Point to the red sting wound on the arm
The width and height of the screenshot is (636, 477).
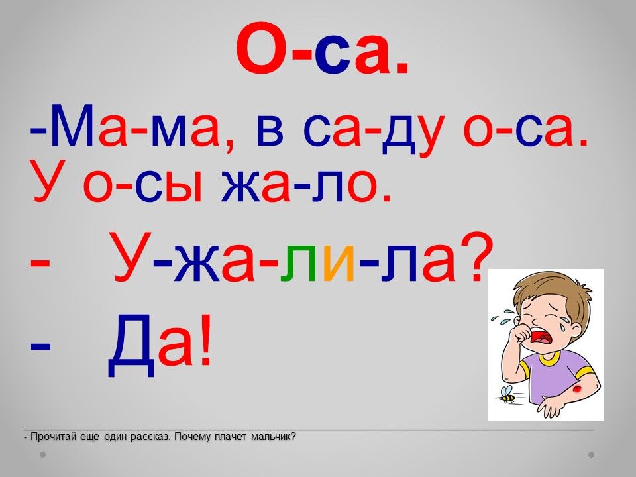click(x=576, y=390)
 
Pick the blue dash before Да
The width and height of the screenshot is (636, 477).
click(x=40, y=346)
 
